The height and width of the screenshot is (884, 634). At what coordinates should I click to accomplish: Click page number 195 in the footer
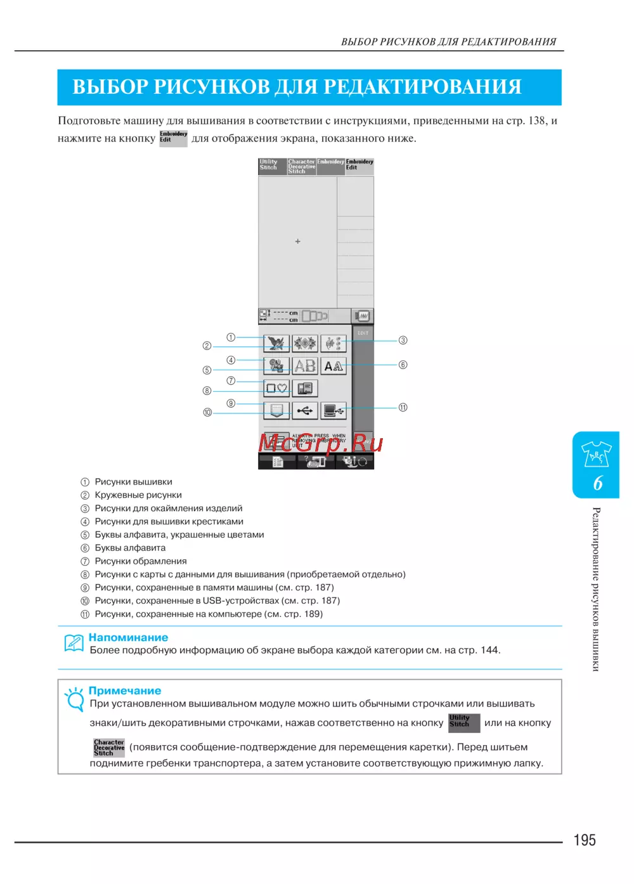pos(585,840)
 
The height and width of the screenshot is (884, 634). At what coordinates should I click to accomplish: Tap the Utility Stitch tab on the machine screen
pos(271,166)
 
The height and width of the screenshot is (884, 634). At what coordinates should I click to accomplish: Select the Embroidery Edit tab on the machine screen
pos(359,166)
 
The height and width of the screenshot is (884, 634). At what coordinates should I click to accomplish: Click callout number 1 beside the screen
pos(231,337)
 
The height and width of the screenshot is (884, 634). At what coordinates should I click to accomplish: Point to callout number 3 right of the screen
pos(403,341)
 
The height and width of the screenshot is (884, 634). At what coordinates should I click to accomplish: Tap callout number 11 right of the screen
pos(403,407)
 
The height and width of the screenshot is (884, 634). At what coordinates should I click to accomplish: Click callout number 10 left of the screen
pos(207,412)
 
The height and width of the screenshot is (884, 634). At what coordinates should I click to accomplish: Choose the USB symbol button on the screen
pos(304,411)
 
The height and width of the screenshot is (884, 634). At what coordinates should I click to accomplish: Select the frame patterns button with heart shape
pos(276,388)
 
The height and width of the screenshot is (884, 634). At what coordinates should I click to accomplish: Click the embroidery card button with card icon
pos(305,388)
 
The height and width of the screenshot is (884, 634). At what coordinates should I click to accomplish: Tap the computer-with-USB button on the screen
pos(333,411)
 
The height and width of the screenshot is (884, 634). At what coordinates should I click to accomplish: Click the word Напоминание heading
pos(128,637)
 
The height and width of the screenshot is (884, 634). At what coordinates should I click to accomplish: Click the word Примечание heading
pos(125,691)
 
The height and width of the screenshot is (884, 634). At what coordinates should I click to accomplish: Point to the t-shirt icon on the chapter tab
pos(596,454)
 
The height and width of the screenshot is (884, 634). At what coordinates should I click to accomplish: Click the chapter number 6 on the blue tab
pos(597,483)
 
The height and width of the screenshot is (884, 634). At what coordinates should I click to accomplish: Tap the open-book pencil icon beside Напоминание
pos(74,642)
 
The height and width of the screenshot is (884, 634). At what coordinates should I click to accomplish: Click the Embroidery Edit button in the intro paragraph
pos(173,138)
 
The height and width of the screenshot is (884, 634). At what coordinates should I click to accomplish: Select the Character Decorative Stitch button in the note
pos(109,748)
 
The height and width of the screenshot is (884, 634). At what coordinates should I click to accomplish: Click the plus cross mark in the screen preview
pos(298,242)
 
